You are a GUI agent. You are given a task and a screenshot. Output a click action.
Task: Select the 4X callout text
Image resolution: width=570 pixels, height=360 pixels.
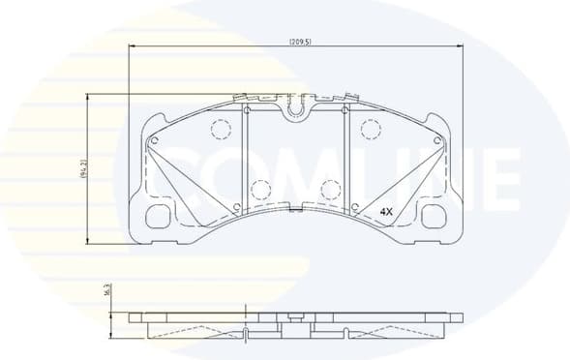[x=386, y=210]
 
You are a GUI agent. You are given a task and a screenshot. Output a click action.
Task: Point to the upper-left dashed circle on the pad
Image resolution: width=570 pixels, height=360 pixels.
[x=220, y=129]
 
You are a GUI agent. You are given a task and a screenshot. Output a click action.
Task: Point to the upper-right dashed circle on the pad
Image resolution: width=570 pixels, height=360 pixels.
[x=369, y=129]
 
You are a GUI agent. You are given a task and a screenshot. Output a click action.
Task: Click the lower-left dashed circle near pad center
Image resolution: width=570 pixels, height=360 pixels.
[x=258, y=190]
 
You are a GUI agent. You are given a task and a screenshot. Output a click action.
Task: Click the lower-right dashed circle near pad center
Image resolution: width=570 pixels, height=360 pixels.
[x=330, y=190]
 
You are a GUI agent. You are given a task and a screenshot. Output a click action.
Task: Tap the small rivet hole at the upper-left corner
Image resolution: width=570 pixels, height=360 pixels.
[x=152, y=141]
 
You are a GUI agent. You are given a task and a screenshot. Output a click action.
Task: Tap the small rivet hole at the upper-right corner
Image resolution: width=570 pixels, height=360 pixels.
[x=437, y=141]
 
